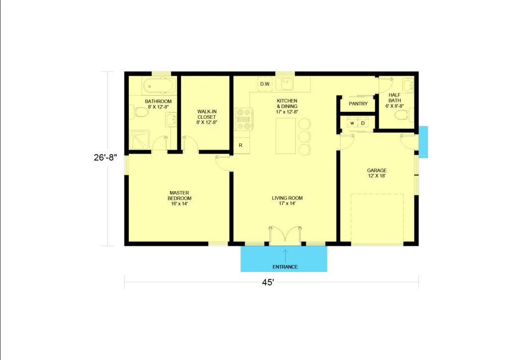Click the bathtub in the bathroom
[160, 86]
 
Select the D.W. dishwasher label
[265, 84]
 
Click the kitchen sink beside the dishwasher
[285, 84]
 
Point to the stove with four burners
[244, 119]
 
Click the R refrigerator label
[241, 145]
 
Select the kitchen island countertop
[286, 136]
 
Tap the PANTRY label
[358, 103]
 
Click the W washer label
[352, 123]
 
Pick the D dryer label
[363, 123]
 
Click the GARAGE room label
[377, 171]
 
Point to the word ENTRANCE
[285, 267]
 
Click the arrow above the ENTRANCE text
[285, 256]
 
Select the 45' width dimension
[268, 282]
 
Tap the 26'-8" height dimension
[105, 158]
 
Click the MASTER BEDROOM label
[179, 195]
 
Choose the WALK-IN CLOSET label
[207, 114]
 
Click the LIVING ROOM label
[287, 198]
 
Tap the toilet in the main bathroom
[140, 112]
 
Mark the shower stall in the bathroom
[139, 140]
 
